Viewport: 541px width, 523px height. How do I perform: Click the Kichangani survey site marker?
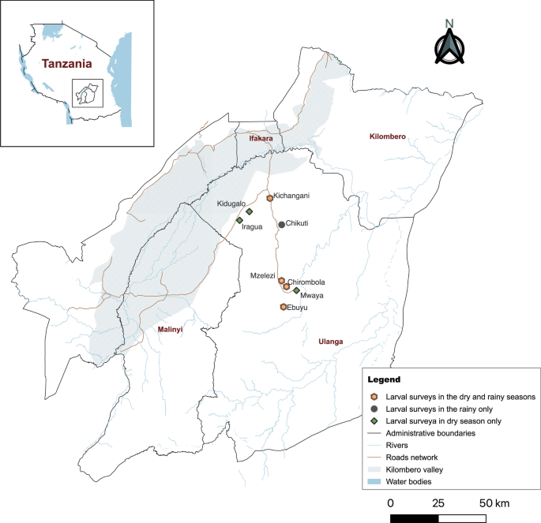(x=269, y=198)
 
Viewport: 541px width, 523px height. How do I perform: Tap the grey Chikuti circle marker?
(x=281, y=225)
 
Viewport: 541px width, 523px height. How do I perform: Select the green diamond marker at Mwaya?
(x=296, y=290)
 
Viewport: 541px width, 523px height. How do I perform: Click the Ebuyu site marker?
(x=283, y=307)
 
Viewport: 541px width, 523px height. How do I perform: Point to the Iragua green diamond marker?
(x=239, y=220)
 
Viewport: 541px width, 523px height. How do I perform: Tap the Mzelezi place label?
(x=262, y=276)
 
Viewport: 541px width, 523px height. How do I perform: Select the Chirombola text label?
(x=306, y=282)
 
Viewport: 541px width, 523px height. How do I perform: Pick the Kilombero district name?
(x=388, y=136)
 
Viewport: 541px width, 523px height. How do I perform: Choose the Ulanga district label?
(x=330, y=342)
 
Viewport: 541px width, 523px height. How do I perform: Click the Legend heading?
(x=385, y=379)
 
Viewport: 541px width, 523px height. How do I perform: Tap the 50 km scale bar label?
(x=492, y=502)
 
